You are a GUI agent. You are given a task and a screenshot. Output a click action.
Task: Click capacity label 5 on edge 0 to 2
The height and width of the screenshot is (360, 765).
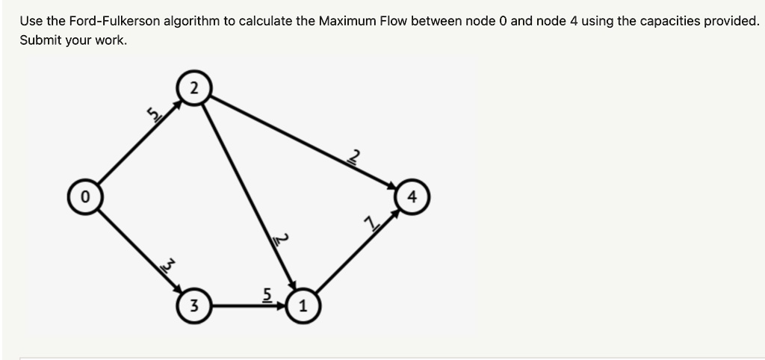155,114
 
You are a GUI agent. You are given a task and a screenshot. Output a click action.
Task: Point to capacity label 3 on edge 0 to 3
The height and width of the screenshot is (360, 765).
167,267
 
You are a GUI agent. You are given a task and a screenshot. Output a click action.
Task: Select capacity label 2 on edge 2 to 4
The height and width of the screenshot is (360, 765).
355,157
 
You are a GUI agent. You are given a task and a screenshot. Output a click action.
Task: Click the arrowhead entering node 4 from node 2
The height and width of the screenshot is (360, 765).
391,186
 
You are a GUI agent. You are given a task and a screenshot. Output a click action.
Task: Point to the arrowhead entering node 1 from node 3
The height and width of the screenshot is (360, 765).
282,306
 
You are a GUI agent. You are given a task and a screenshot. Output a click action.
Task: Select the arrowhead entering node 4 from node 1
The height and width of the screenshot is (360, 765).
395,214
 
